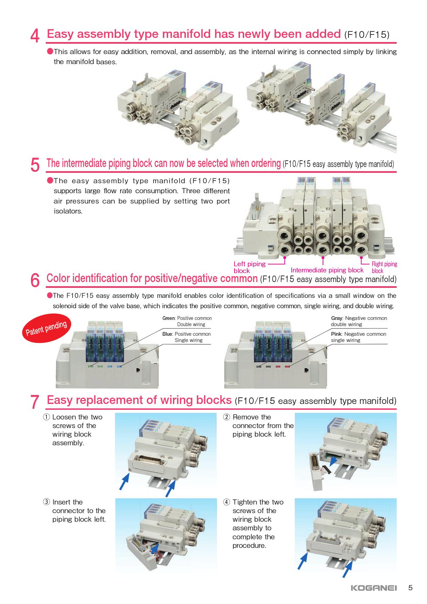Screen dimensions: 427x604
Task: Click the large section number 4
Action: [35, 36]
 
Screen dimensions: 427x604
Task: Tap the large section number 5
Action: [35, 165]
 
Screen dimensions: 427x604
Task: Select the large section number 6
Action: [35, 280]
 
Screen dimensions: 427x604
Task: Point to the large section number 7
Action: [35, 402]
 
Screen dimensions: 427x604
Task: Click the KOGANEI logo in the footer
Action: [374, 588]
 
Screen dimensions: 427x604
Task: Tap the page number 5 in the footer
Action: [410, 588]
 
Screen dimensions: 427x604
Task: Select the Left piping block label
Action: [249, 267]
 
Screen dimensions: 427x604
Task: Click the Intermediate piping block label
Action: [327, 270]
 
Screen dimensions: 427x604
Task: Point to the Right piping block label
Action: [384, 267]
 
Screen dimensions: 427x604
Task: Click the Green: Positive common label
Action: [187, 318]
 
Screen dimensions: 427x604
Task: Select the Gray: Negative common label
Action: [359, 318]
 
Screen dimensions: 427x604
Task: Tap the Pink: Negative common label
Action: [358, 334]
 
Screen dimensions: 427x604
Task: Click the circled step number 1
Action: [46, 417]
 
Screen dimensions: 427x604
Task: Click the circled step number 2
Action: [226, 417]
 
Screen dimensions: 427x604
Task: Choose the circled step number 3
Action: [46, 502]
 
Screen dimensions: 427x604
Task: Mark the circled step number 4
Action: [226, 502]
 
